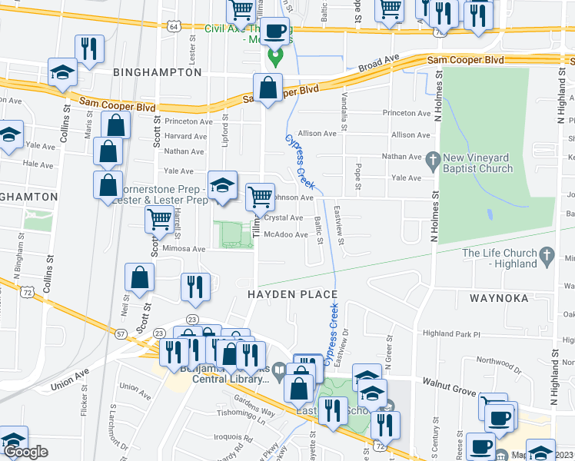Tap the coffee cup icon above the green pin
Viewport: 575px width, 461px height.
(275, 32)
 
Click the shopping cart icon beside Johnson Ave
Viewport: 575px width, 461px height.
(260, 197)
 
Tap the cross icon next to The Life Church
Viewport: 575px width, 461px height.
(547, 254)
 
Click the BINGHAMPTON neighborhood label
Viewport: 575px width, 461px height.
(157, 72)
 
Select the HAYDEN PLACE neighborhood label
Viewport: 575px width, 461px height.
(292, 294)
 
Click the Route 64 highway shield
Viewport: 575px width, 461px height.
(174, 26)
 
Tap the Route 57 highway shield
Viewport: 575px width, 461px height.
(121, 334)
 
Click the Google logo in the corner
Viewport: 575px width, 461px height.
(25, 452)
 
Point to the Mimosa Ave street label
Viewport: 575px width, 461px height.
(183, 249)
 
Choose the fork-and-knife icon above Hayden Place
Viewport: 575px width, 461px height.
(195, 287)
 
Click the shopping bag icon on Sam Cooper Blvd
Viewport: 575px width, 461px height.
(268, 88)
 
